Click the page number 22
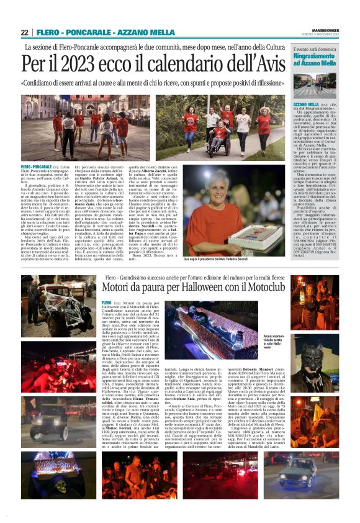[x=25, y=32]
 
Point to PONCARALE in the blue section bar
[x=85, y=32]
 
